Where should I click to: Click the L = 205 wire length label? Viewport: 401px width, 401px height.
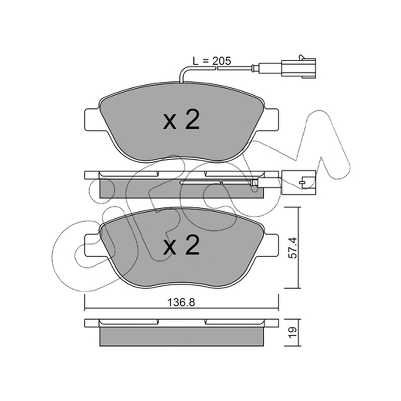point(212,61)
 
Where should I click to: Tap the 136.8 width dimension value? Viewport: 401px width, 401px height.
point(181,303)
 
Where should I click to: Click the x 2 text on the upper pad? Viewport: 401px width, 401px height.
point(181,120)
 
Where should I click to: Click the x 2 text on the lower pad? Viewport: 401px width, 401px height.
point(181,245)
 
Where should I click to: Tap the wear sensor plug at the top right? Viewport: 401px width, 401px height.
point(298,68)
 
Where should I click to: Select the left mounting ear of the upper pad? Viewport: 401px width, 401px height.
point(92,120)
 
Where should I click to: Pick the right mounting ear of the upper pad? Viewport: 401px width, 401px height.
point(271,120)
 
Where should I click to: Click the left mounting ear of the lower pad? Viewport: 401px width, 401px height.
point(92,245)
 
